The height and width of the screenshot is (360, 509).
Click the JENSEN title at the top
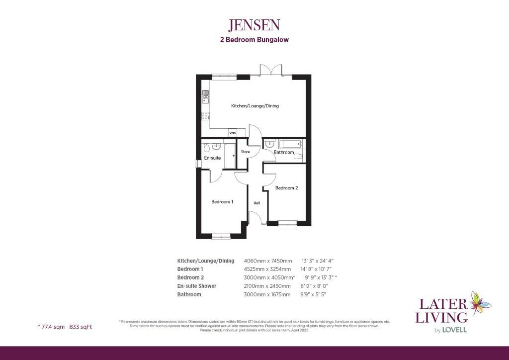tap(254, 24)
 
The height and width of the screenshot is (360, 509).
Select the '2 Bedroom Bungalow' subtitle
tap(254, 40)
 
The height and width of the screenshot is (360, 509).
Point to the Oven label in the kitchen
tap(232, 133)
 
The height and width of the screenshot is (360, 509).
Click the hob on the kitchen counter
tap(205, 116)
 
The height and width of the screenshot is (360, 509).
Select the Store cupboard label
tap(245, 152)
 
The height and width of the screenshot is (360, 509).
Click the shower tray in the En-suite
tap(230, 156)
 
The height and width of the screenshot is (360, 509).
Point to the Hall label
tap(257, 203)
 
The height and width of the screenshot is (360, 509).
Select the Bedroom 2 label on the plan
tap(286, 188)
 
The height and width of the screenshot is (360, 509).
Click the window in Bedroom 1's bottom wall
tap(221, 236)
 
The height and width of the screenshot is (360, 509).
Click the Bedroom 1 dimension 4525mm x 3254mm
tap(267, 269)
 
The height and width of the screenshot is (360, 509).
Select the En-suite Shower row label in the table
tap(197, 286)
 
